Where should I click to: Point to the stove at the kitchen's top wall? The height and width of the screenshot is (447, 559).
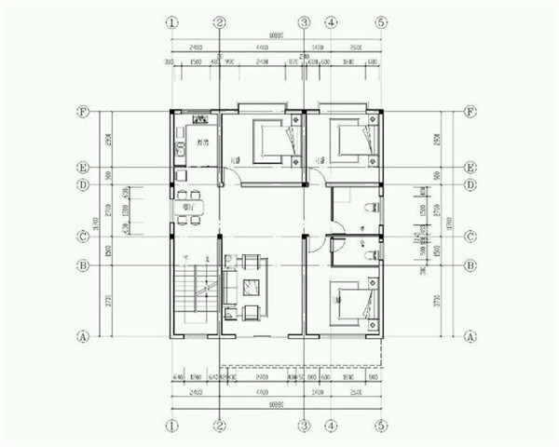coord(199,119)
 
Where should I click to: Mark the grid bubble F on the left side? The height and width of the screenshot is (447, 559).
coord(83,112)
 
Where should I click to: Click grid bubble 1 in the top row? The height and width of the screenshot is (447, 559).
coord(171,21)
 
